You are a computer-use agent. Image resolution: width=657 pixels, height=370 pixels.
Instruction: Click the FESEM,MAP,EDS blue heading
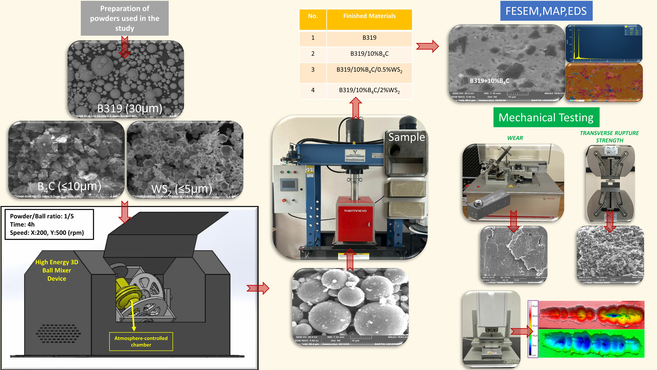(546, 11)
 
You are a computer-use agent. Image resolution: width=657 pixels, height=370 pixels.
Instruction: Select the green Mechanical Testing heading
(546, 117)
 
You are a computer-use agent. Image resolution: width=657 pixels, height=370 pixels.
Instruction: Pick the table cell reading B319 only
(369, 38)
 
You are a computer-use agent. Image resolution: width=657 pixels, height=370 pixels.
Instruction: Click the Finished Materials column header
(369, 16)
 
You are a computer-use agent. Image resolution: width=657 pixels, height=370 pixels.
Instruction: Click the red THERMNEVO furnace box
(355, 220)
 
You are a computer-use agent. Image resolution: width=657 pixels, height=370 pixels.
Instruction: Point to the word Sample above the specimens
(407, 137)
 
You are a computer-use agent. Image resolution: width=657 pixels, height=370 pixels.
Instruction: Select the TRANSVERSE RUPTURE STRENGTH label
(609, 137)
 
